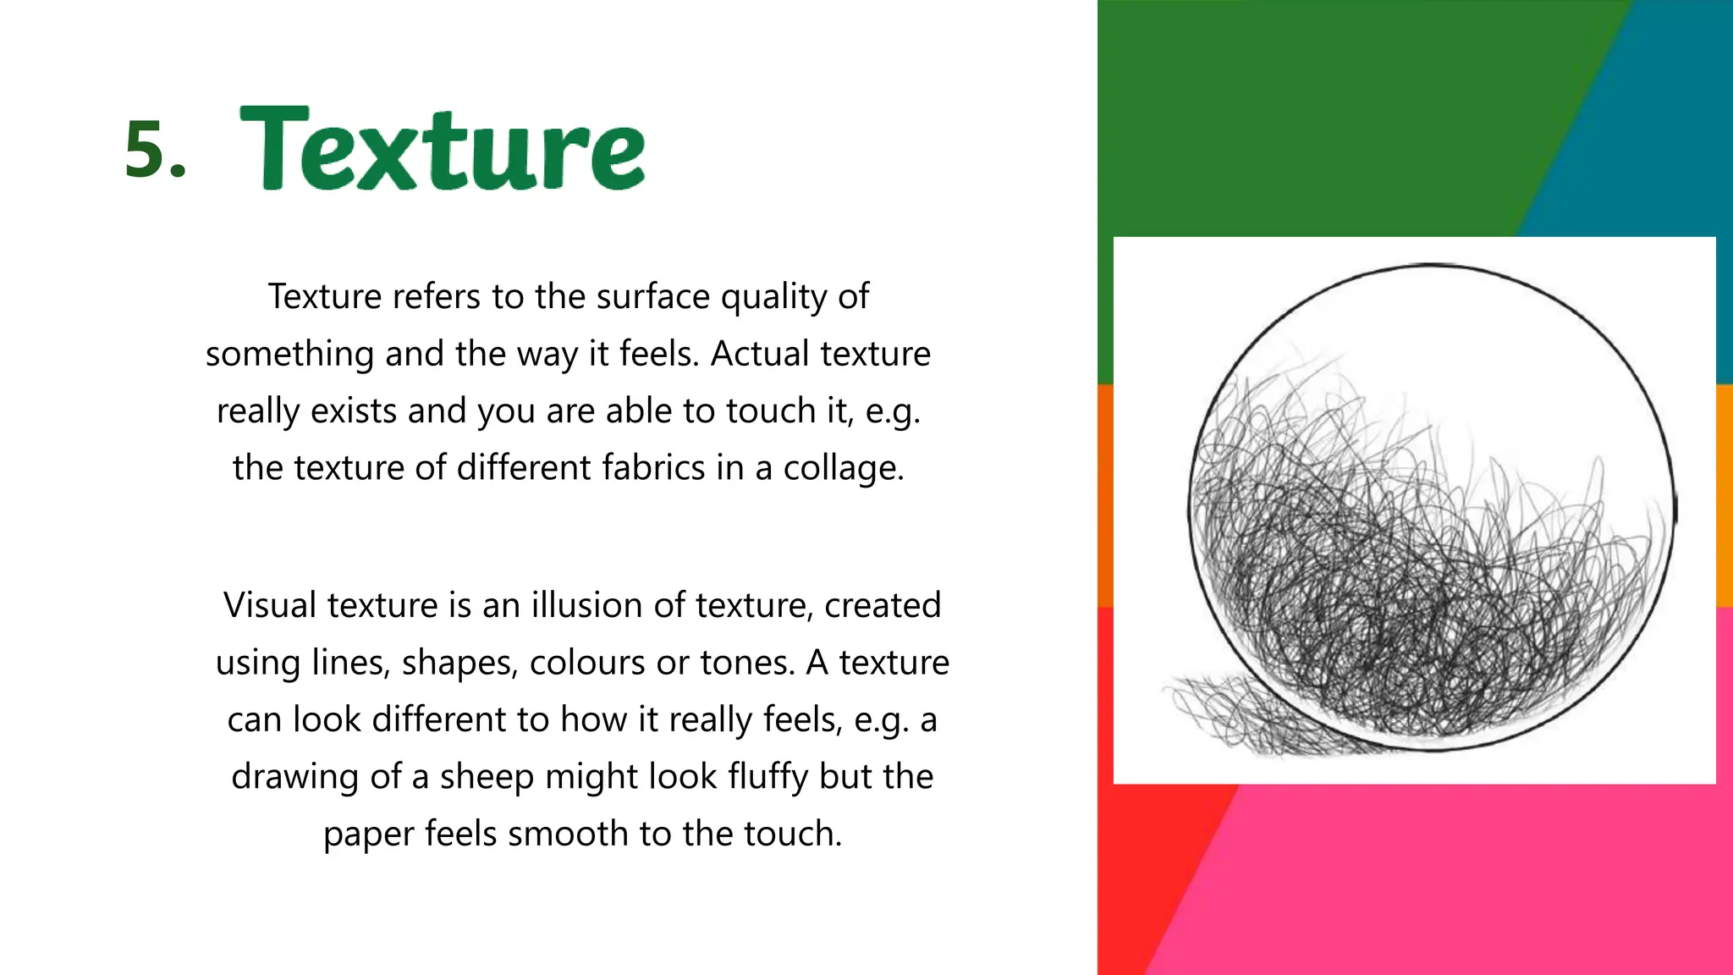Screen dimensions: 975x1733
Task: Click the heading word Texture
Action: tap(443, 148)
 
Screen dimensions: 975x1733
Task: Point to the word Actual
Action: tap(759, 354)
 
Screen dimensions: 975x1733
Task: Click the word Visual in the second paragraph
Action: tap(269, 606)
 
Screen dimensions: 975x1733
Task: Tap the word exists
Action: tap(354, 411)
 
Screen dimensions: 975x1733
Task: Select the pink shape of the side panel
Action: tap(1481, 880)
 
